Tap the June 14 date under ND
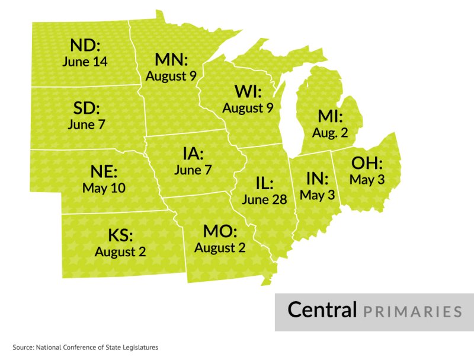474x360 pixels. coord(85,61)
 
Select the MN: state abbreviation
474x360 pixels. coord(171,60)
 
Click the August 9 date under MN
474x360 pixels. coord(171,76)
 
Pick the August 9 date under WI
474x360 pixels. coord(248,108)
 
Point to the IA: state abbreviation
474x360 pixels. coord(193,154)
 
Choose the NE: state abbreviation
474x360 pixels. coord(104,173)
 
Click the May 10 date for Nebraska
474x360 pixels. coord(104,188)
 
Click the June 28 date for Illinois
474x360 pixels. coord(264,200)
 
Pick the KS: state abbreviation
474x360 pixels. coord(120,235)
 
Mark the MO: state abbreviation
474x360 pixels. coord(220,232)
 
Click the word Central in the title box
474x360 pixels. coord(322,310)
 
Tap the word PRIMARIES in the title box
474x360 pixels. coord(412,311)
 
